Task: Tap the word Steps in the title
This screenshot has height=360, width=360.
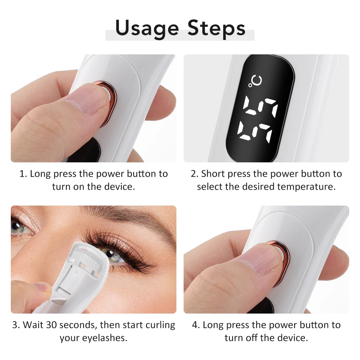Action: [216, 28]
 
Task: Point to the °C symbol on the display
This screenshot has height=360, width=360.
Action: [255, 81]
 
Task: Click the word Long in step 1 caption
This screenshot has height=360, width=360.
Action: [40, 174]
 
